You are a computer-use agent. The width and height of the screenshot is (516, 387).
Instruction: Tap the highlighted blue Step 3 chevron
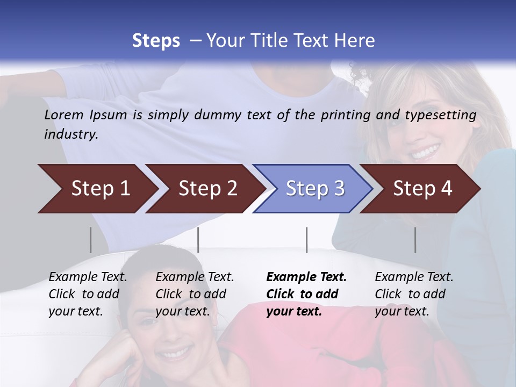click(x=314, y=189)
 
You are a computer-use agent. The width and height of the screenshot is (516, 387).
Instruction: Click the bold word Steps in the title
click(x=156, y=41)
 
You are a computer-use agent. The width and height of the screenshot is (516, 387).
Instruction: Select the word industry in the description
click(x=70, y=134)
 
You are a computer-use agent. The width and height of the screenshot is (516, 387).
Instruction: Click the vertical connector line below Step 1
click(x=91, y=240)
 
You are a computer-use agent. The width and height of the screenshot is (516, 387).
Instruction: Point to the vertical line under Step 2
click(x=198, y=240)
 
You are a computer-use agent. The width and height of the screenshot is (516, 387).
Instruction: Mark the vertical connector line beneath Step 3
click(x=306, y=240)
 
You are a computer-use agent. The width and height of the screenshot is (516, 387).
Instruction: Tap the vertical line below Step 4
click(x=415, y=240)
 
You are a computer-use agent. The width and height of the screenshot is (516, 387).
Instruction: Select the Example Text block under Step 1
click(x=88, y=294)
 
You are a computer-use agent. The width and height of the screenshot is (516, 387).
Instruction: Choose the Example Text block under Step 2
click(x=195, y=294)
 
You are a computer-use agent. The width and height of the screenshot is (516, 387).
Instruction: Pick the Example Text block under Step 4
click(x=414, y=294)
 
